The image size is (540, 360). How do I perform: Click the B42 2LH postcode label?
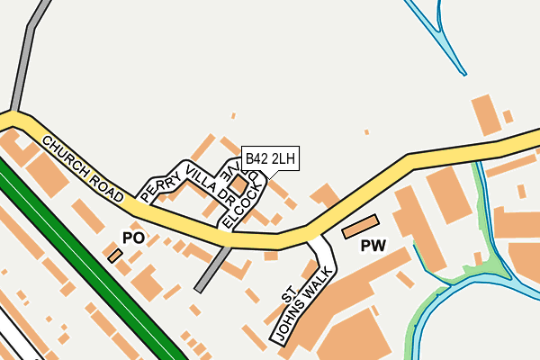click(x=270, y=159)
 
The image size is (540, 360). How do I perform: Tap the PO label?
click(x=133, y=238)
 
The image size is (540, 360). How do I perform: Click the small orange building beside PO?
click(x=114, y=256)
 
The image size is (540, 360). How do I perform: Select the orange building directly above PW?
click(x=361, y=227)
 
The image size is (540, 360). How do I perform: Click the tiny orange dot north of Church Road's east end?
click(x=366, y=132)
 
